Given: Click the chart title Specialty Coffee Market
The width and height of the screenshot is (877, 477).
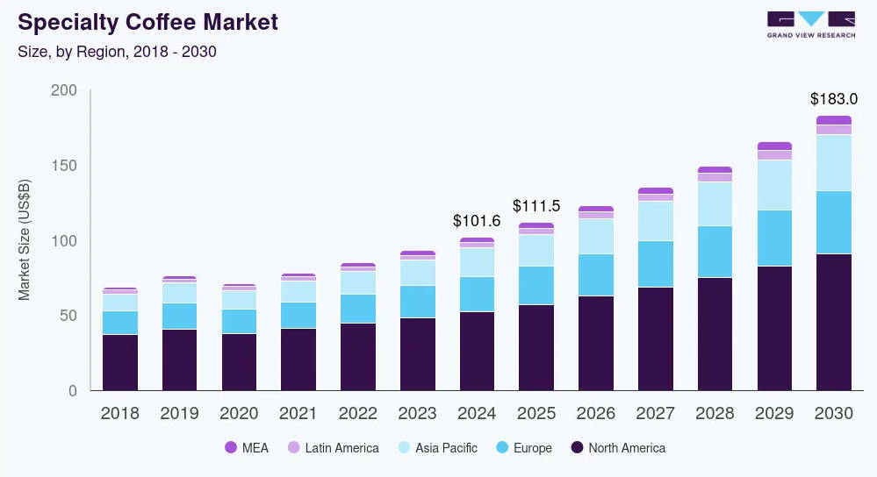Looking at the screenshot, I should click(147, 23).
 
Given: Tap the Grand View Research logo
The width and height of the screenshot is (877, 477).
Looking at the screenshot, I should click(809, 24).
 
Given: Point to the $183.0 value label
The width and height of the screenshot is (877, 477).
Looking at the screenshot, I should click(833, 99).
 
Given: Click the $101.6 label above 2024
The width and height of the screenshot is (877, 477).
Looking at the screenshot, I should click(476, 221).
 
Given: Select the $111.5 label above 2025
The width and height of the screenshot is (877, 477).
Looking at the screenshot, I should click(536, 206).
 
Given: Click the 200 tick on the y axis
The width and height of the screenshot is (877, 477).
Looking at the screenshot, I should click(65, 91).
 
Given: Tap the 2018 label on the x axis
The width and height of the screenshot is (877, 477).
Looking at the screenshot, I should click(120, 414).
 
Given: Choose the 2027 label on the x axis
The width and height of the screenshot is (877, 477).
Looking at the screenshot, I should click(655, 414).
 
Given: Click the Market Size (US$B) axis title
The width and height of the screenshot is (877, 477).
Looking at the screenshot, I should click(25, 239).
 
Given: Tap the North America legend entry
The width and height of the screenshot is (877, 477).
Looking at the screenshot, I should click(618, 448).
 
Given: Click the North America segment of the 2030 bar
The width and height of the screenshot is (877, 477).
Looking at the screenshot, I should click(833, 322).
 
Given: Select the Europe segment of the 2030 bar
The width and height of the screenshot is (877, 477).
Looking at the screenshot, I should click(833, 223).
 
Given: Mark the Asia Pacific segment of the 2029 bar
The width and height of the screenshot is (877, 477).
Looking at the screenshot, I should click(774, 185).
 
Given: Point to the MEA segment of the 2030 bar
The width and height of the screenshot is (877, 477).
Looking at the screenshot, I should click(833, 120).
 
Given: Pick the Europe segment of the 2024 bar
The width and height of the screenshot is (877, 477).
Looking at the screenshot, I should click(476, 294).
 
